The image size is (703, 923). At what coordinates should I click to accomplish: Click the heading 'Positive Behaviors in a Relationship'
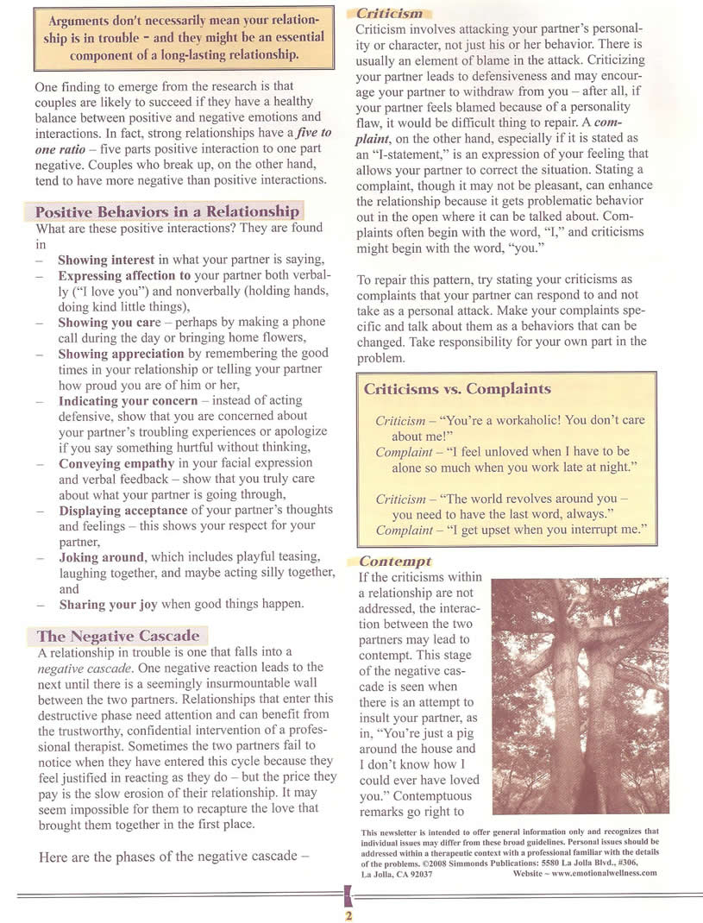tap(166, 212)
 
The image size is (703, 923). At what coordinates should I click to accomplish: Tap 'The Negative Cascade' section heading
tap(118, 637)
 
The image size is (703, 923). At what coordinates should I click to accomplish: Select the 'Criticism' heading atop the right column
tap(390, 14)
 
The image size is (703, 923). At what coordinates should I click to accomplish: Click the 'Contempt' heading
tap(395, 562)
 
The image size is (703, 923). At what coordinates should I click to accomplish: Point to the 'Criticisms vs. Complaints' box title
tap(457, 389)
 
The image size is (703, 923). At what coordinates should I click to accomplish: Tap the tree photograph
tap(580, 696)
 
